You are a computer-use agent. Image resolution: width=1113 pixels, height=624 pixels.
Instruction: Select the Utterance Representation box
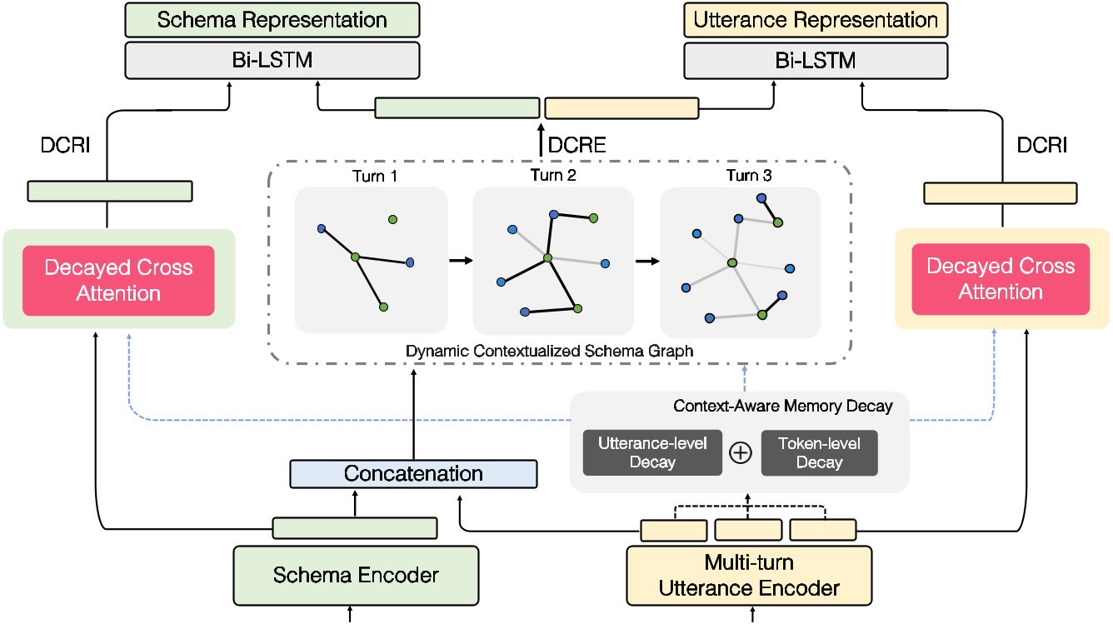pos(816,20)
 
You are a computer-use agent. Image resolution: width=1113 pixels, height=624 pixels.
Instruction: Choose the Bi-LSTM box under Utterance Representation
pos(816,61)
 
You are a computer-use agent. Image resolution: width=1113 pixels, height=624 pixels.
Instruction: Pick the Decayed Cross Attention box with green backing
pos(118,280)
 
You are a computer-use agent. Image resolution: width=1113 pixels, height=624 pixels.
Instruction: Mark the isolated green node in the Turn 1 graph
pos(392,219)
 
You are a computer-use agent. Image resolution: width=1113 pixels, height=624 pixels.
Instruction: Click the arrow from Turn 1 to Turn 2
pos(460,261)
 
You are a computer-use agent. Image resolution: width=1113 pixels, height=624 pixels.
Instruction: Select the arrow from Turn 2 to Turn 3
pos(646,261)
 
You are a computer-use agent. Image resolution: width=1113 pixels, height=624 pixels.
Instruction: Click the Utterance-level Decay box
pos(652,452)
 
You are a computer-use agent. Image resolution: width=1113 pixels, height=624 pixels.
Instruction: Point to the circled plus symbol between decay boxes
pos(741,452)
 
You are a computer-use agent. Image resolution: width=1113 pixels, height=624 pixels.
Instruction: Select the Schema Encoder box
pos(356,576)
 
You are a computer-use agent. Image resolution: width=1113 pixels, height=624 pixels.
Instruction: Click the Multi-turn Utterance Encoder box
pos(749,576)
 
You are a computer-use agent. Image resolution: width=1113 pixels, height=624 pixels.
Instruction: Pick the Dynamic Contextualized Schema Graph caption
pos(549,351)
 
